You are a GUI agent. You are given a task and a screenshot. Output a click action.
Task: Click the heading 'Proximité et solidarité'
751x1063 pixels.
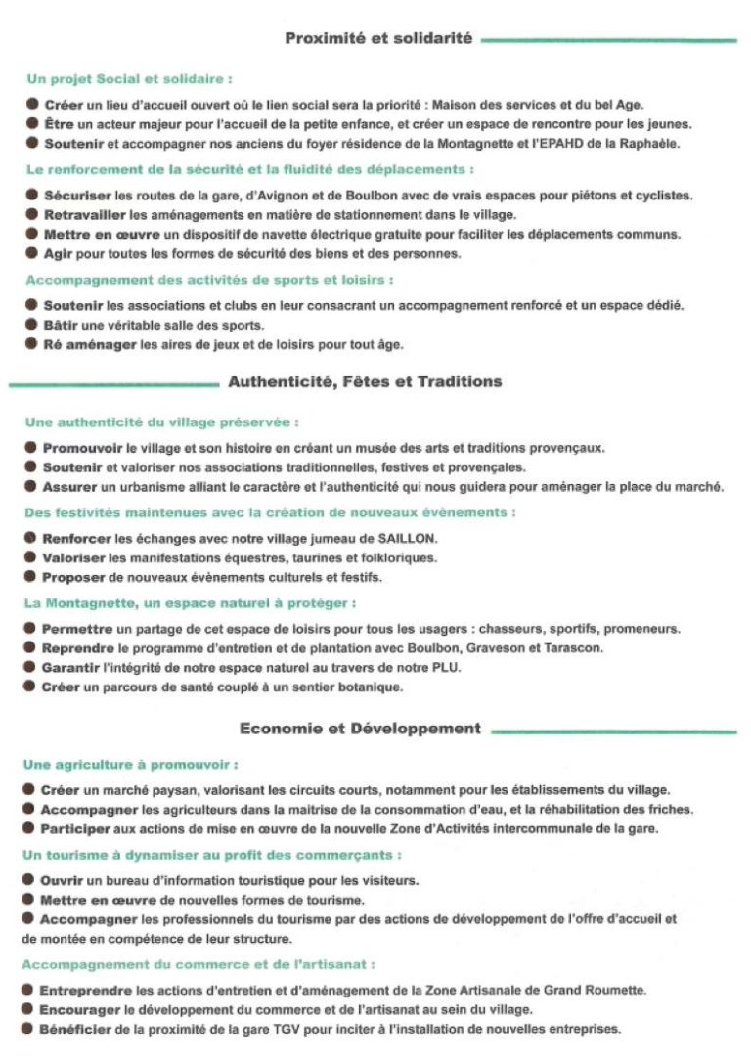pos(378,39)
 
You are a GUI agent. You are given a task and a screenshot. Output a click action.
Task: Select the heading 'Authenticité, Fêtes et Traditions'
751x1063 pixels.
pos(365,382)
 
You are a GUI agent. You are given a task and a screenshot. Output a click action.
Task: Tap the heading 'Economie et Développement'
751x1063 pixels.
pos(360,729)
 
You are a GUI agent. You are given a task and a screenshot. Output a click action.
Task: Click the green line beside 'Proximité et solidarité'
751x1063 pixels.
pos(608,41)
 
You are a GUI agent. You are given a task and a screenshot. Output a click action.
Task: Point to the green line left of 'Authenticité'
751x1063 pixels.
pos(112,384)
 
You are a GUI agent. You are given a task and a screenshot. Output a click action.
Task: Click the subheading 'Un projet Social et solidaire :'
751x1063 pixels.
pos(128,78)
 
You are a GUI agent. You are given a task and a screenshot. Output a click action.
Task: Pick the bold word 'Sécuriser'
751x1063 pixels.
pos(75,196)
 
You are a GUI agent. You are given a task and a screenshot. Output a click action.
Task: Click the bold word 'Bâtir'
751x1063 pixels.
pos(61,325)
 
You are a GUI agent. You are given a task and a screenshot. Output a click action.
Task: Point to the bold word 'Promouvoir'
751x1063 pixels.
pos(81,448)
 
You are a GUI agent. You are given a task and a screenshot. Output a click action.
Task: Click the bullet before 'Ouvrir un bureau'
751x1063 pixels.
pos(29,880)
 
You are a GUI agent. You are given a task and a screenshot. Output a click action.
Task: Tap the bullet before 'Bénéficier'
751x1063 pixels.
pos(29,1029)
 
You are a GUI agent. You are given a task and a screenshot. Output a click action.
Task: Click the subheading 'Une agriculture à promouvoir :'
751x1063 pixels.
pos(130,765)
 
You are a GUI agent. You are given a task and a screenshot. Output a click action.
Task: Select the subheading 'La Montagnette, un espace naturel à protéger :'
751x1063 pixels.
pos(189,603)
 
